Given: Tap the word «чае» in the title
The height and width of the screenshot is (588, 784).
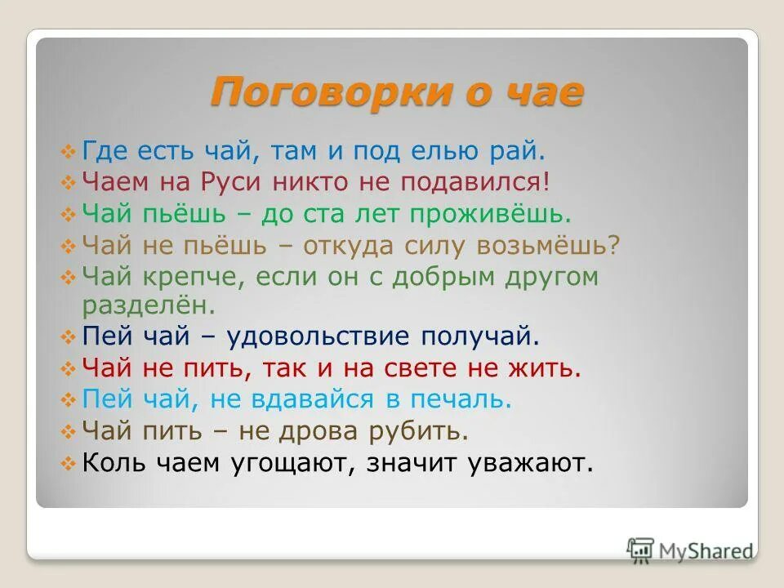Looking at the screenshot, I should (x=546, y=91).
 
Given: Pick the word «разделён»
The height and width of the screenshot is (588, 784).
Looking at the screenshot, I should (x=148, y=305).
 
